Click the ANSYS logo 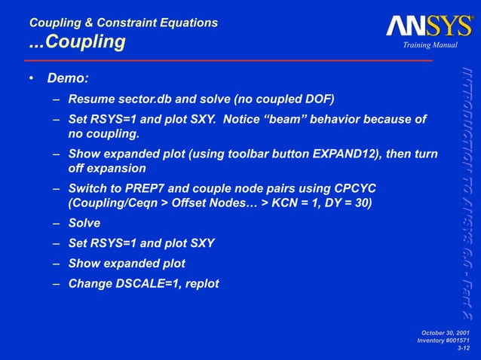pyautogui.click(x=429, y=27)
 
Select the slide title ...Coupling pyautogui.click(x=77, y=42)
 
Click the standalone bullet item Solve pyautogui.click(x=84, y=223)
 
